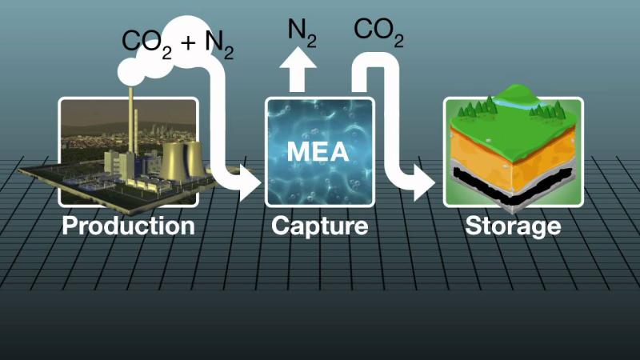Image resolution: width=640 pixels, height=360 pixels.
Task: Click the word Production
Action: coord(128,226)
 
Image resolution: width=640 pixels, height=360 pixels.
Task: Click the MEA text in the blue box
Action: coord(318,151)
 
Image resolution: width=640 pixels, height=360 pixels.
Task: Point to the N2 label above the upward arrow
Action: coord(302,33)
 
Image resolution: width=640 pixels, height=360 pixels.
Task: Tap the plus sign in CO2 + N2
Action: coord(188,42)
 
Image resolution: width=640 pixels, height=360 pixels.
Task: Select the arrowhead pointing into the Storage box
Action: coord(425,183)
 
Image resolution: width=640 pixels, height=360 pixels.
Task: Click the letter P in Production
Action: coord(70,226)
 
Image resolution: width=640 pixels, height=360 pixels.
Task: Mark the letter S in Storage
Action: coord(473,226)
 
